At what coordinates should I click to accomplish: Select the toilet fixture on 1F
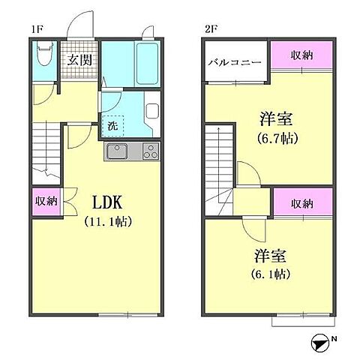(x=43, y=55)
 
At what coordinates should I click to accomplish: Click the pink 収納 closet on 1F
(x=45, y=202)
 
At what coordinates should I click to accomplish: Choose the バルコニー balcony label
(x=234, y=61)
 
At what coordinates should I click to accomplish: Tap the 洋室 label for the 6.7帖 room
(x=276, y=118)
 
